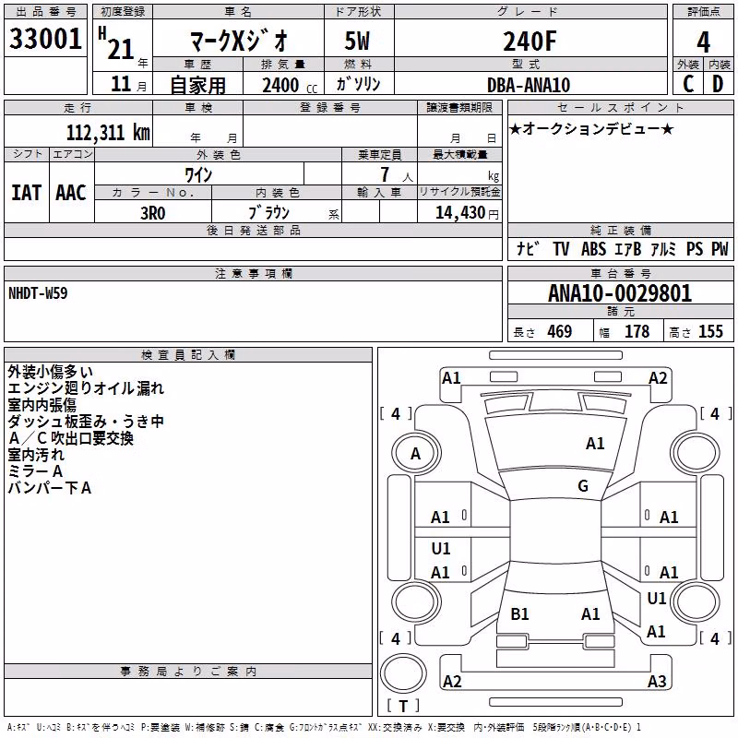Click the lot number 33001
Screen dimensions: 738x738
coord(45,39)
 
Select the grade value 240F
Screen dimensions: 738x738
coord(530,41)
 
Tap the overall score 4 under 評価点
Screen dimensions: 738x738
coord(703,42)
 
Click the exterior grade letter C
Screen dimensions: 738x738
coord(688,84)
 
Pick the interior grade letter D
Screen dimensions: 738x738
coord(718,84)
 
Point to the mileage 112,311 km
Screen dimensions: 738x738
coord(108,133)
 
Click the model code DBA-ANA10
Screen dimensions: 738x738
coord(529,85)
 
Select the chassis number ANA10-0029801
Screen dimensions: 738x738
coord(620,293)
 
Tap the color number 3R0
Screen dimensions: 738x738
coord(153,213)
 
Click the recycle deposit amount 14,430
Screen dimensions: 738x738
coord(460,213)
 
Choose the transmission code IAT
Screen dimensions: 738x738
coord(27,193)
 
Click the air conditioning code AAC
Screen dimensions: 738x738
coord(71,193)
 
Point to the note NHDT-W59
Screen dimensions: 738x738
coord(38,293)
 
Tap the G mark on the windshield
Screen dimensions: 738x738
coord(583,486)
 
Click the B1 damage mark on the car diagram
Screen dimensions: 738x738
coord(519,614)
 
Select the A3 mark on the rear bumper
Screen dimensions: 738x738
coord(657,681)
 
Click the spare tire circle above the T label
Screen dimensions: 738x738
coord(403,673)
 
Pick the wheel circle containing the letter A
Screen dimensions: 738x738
coord(416,454)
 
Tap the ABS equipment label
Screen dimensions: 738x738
coord(593,249)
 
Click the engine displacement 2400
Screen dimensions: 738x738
coord(280,85)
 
